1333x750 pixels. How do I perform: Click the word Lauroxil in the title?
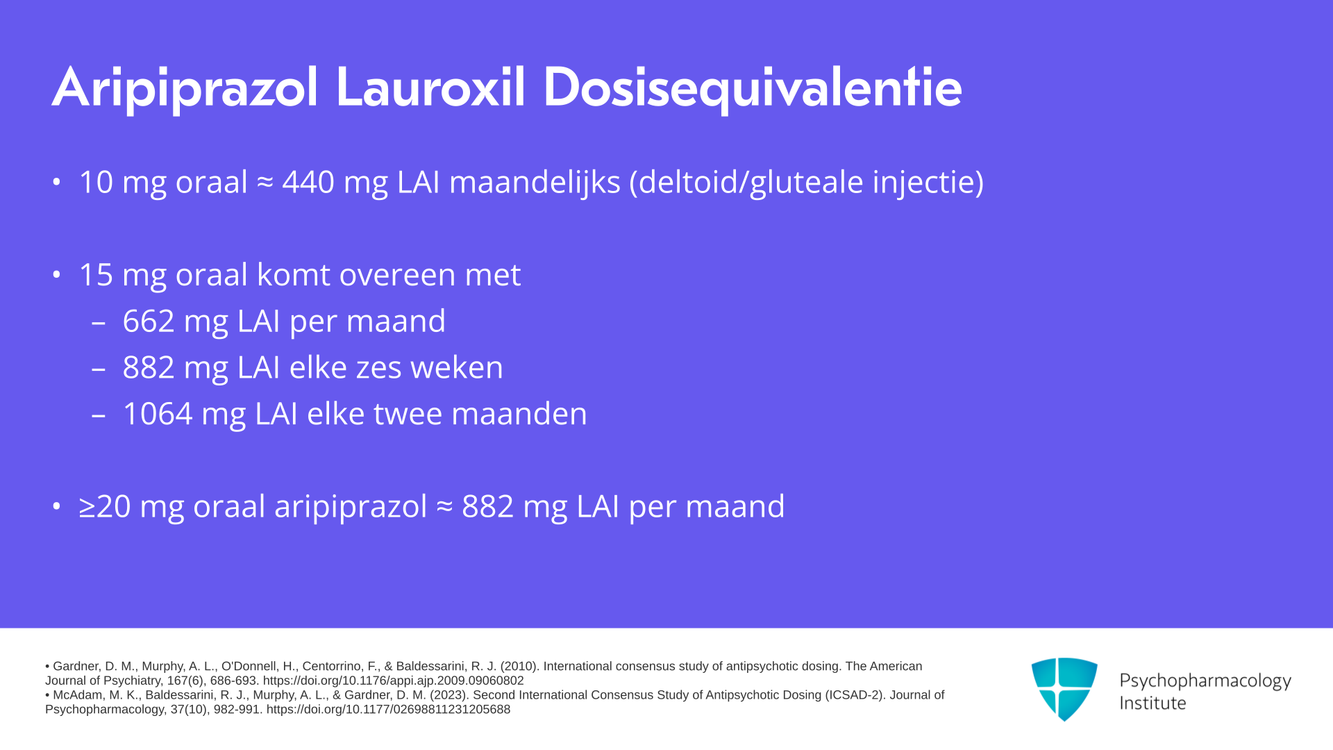tap(430, 87)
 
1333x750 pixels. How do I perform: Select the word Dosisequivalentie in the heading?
tap(753, 89)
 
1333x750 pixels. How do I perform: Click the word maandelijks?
tap(535, 183)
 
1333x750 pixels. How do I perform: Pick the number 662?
tap(149, 322)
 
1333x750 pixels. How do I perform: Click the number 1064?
tap(158, 414)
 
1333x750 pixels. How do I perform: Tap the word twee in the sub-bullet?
tap(408, 414)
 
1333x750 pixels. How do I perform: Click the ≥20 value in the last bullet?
tap(105, 506)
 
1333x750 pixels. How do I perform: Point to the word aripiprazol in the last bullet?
tap(351, 507)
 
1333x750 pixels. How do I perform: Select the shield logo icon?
tap(1064, 689)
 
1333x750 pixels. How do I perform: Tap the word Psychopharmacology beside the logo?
tap(1205, 681)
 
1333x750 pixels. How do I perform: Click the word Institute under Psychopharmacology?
tap(1152, 703)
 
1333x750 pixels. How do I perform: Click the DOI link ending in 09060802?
tap(393, 681)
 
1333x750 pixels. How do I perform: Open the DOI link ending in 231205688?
tap(388, 710)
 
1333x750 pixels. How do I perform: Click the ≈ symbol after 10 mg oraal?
tap(265, 183)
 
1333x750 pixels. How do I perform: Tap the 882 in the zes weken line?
tap(149, 367)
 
